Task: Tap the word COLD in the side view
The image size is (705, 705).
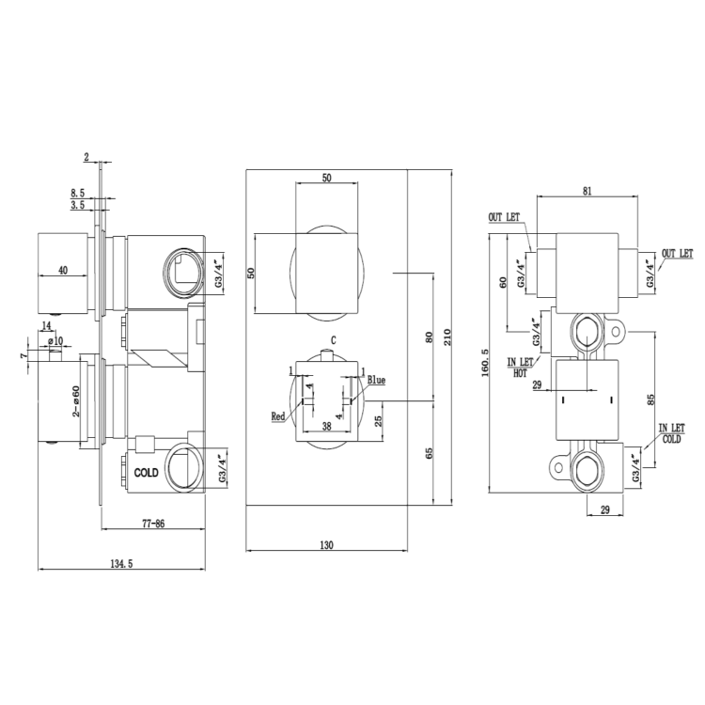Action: (147, 472)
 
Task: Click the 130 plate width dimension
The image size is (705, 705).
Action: (325, 544)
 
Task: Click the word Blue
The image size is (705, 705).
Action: (377, 380)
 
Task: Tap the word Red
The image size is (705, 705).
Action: (278, 415)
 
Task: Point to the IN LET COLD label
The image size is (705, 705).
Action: (671, 432)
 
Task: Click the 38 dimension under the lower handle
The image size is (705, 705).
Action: (325, 425)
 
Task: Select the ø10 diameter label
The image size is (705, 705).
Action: (55, 340)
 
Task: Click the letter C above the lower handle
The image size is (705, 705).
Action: (334, 339)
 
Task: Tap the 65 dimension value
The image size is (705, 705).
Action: (430, 452)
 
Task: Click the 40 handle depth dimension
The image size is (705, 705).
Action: (62, 270)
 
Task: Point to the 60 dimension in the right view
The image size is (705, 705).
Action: (503, 281)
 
